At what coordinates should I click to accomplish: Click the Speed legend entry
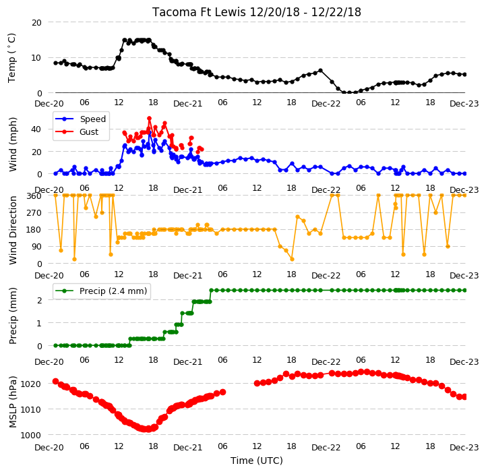(x=80, y=119)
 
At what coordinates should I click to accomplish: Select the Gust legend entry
(x=77, y=131)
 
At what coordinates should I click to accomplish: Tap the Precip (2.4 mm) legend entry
(x=100, y=291)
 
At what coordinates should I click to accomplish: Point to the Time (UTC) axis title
(x=257, y=461)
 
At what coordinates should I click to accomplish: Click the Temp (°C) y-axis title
(x=11, y=58)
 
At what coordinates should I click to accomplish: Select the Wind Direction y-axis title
(x=13, y=230)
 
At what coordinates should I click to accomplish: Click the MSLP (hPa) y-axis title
(x=13, y=402)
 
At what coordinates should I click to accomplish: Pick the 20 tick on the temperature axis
(x=36, y=23)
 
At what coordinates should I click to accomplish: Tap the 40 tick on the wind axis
(x=36, y=129)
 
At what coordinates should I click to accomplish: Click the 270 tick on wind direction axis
(x=34, y=213)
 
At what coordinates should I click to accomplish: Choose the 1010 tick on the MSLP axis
(x=30, y=410)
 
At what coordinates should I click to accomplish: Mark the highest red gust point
(x=150, y=119)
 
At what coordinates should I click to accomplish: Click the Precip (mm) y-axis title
(x=13, y=316)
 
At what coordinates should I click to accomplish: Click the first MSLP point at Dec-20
(x=55, y=381)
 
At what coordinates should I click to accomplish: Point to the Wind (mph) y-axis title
(x=13, y=144)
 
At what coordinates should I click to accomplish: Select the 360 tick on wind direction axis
(x=34, y=196)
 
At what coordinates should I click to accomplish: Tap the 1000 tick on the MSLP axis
(x=30, y=436)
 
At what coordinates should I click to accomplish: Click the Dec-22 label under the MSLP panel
(x=326, y=448)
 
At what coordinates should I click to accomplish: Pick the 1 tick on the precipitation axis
(x=39, y=323)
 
